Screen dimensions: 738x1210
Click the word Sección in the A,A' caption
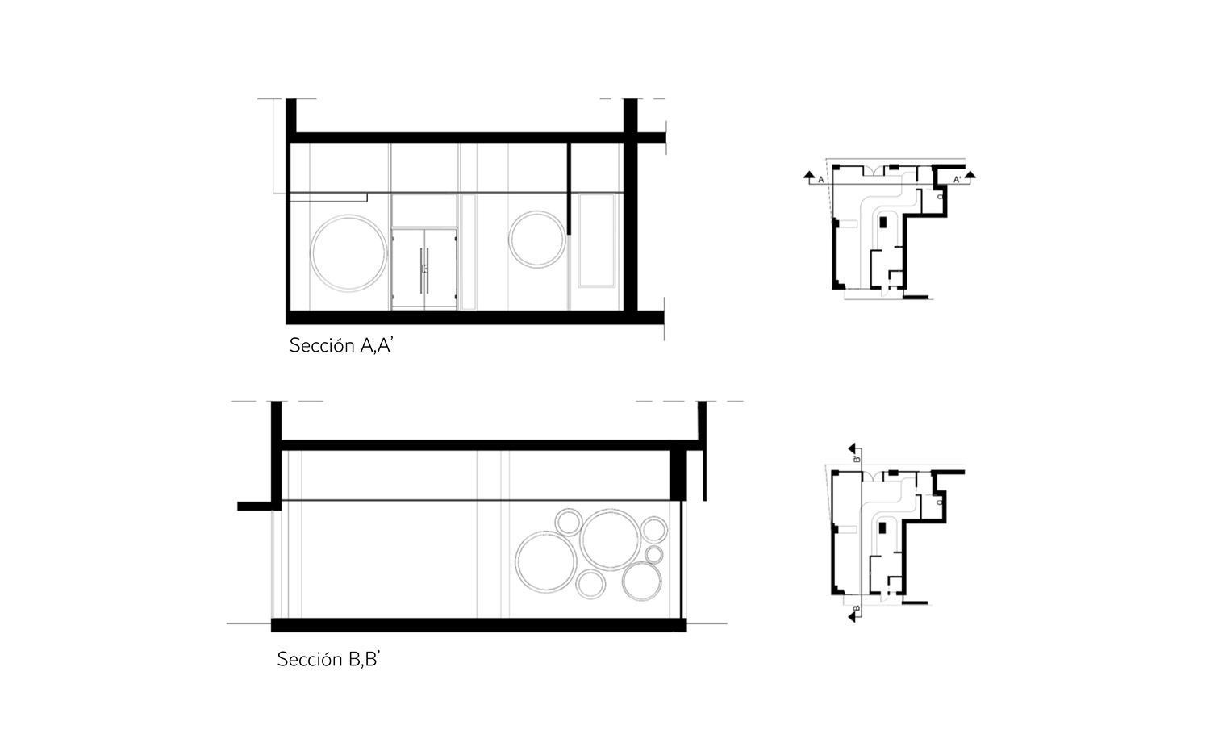pos(321,346)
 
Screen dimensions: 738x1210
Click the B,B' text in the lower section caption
pos(364,659)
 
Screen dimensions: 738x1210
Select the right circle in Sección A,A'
pos(536,240)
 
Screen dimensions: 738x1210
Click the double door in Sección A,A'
pos(424,269)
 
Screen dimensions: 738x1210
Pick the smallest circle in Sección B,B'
pos(653,555)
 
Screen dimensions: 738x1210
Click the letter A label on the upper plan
pos(820,180)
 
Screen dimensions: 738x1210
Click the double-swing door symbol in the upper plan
pos(873,170)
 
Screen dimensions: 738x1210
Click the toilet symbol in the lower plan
pos(941,502)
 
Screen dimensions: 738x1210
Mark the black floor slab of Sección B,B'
pos(478,625)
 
